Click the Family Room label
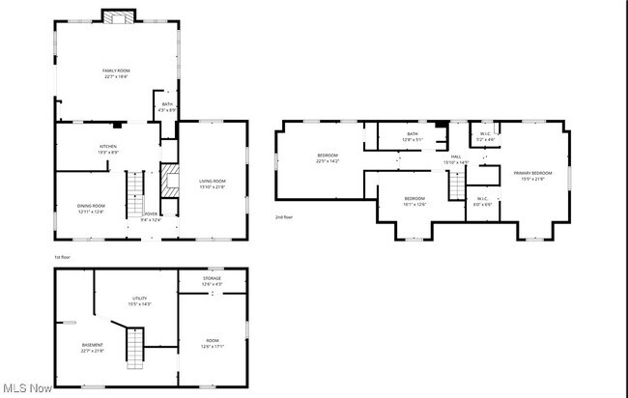coord(116,73)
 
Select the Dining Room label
coord(91,209)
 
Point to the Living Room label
coord(213,184)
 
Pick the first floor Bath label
coord(167,106)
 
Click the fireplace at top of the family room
coord(120,16)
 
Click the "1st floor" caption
coord(63,257)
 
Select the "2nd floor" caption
coord(284,217)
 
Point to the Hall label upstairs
coord(455,159)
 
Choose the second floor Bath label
coord(413,136)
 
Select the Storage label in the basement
coord(213,281)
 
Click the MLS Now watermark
coord(27,388)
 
